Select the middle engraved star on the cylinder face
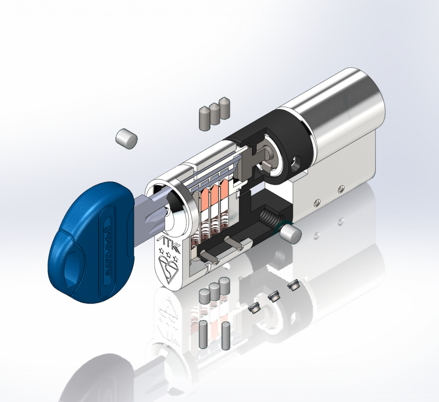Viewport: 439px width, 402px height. (x=167, y=251)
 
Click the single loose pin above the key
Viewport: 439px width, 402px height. (x=126, y=138)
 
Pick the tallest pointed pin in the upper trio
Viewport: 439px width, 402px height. (x=224, y=107)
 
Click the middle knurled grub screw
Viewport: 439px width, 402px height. (x=274, y=296)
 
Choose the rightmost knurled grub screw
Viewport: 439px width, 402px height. (x=293, y=285)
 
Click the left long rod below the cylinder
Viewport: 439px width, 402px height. (x=204, y=335)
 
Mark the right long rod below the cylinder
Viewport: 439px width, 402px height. (x=226, y=335)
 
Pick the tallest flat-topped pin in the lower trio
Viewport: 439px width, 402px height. (x=224, y=286)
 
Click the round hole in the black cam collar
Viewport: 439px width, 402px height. (x=296, y=163)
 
